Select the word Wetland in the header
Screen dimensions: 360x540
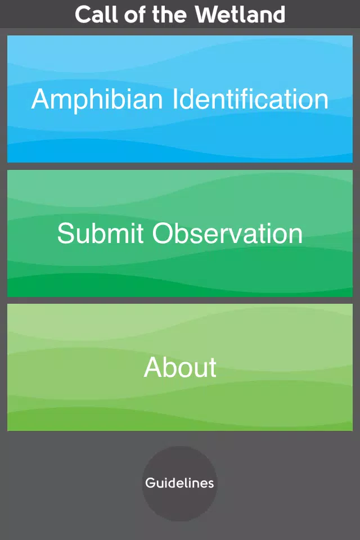[240, 15]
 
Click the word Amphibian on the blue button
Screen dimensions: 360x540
[97, 99]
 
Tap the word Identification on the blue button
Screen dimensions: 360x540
[250, 99]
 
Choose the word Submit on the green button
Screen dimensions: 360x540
[100, 233]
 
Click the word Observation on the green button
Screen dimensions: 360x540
[227, 233]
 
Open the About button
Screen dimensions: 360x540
[180, 367]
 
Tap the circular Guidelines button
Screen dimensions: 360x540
[180, 483]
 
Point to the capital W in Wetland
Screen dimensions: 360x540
[208, 15]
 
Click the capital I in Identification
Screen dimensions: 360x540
[174, 99]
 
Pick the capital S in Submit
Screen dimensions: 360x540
[66, 233]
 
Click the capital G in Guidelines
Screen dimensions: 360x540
[150, 483]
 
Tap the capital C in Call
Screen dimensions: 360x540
[83, 15]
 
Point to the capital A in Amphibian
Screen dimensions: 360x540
[42, 99]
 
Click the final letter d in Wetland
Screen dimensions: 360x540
[278, 15]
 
